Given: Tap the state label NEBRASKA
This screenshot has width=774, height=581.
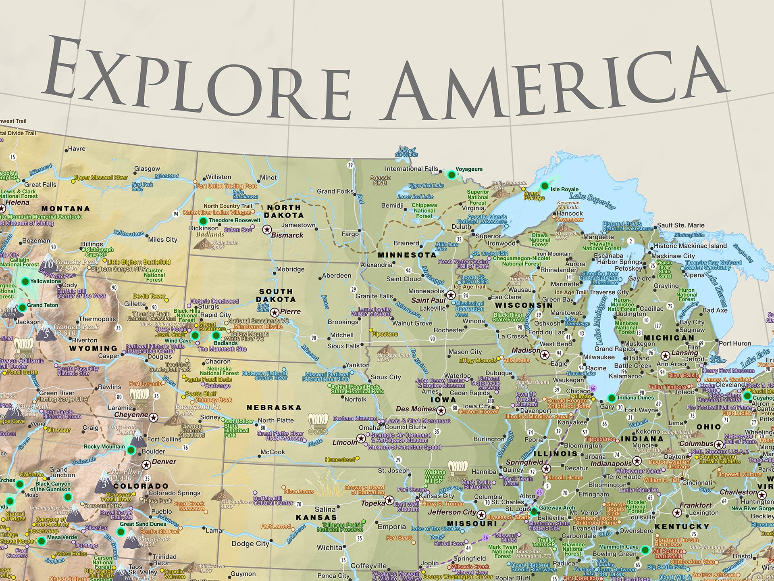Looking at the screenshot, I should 274,408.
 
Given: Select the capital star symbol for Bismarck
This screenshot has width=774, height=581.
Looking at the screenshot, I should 267,230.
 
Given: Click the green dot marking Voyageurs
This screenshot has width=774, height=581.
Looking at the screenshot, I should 451,175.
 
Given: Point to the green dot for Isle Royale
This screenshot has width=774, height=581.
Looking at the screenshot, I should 545,186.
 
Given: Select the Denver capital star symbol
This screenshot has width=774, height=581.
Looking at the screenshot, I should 146,465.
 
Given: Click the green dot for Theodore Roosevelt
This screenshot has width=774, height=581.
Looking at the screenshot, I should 203,221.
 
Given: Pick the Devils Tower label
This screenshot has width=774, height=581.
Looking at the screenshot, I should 149,296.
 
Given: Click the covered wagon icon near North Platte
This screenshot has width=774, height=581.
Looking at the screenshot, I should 318,422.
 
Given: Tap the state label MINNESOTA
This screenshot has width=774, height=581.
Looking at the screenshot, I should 407,255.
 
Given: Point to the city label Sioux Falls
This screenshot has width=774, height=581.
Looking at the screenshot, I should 343,346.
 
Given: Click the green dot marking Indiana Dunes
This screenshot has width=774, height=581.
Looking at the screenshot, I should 612,398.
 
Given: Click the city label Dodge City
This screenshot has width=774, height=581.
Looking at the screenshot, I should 250,544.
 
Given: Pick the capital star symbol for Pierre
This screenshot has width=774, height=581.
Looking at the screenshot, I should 275,312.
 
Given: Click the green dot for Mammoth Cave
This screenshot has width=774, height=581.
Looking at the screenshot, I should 645,550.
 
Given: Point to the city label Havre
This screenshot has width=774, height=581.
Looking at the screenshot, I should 77,149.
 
